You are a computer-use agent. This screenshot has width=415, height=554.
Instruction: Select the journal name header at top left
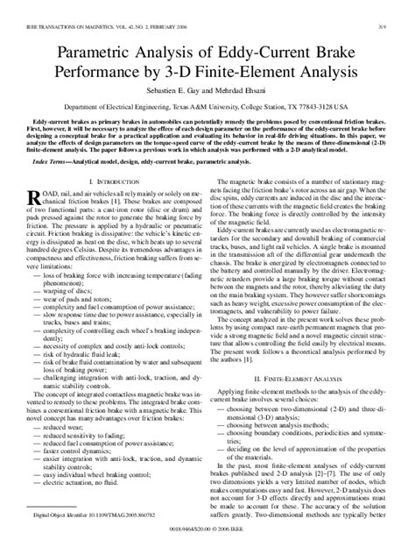(x=98, y=10)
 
